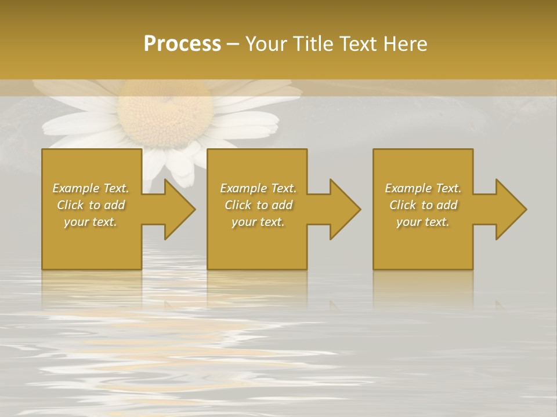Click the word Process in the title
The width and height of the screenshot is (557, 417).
coord(182,44)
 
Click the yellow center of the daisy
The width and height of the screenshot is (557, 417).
coord(165,113)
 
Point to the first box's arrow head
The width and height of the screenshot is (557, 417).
coord(176,209)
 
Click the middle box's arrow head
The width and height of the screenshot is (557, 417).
coord(342,209)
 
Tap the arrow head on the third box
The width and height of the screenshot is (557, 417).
coord(508,209)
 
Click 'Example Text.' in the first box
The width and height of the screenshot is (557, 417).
coord(91,188)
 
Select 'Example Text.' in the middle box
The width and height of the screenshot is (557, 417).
coord(258,188)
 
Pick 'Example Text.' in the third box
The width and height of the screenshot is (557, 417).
coord(423,188)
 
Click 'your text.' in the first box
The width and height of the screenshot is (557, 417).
coord(91,222)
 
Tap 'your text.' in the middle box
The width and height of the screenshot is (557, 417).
coord(258,222)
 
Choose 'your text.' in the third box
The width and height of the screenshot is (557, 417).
coord(423,222)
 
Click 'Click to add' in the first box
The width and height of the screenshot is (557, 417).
coord(91,205)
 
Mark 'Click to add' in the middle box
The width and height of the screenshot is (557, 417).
coord(258,205)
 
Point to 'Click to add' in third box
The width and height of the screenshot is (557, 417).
coord(423,205)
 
